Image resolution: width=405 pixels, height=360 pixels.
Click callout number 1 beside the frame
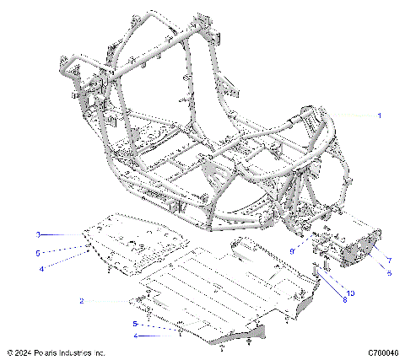(379, 115)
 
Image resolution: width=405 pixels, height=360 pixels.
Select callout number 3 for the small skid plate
(37, 234)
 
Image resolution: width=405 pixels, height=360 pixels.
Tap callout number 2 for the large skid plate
(81, 301)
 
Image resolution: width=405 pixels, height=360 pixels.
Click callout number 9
(292, 250)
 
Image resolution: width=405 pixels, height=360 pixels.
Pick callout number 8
(344, 299)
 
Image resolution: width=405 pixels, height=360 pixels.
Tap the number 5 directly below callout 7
(389, 274)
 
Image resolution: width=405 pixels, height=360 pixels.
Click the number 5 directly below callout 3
(37, 252)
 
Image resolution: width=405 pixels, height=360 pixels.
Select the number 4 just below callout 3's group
(40, 268)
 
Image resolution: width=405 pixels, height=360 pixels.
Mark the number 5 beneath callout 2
(134, 323)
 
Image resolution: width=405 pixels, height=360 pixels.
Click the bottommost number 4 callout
(134, 336)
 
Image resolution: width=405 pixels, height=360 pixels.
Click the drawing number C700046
(383, 352)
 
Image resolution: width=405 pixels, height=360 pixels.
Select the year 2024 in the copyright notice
(26, 352)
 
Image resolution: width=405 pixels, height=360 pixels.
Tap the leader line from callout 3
(63, 234)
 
